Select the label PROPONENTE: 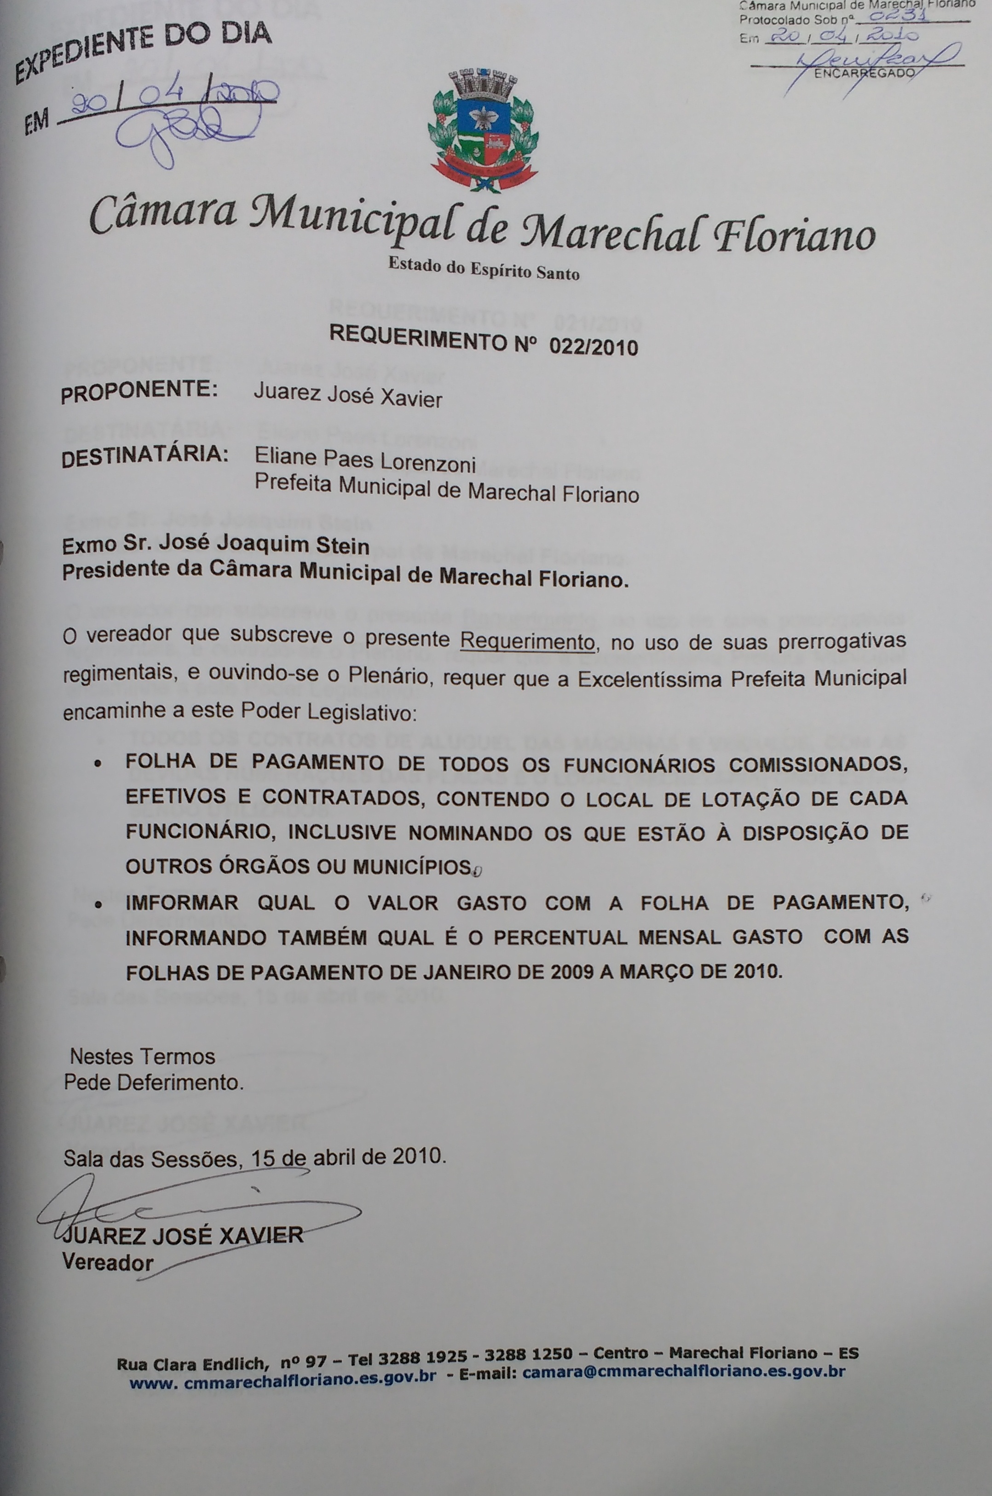click(x=139, y=391)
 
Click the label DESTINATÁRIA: click(x=145, y=456)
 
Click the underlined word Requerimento click(x=527, y=641)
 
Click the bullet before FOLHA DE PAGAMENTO click(x=98, y=764)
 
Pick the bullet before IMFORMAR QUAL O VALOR click(x=98, y=904)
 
